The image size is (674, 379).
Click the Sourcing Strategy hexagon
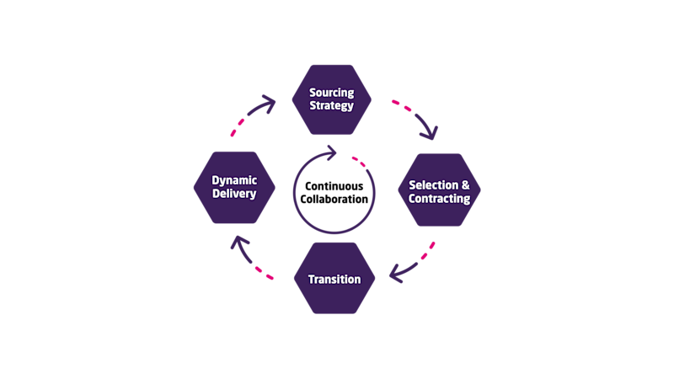pos(331,99)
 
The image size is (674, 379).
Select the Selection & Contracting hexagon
pos(439,191)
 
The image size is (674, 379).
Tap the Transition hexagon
pos(334,279)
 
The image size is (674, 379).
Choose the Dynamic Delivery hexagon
pos(233,187)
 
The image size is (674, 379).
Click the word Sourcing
pos(331,93)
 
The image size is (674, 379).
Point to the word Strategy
pos(331,106)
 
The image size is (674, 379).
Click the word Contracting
pos(439,199)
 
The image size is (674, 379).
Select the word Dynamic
pos(233,179)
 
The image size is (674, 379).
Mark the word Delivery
pos(233,194)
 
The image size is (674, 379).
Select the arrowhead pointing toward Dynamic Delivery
pos(239,244)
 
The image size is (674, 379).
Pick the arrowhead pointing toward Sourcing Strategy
pos(270,104)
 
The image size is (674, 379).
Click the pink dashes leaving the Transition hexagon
pos(264,273)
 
